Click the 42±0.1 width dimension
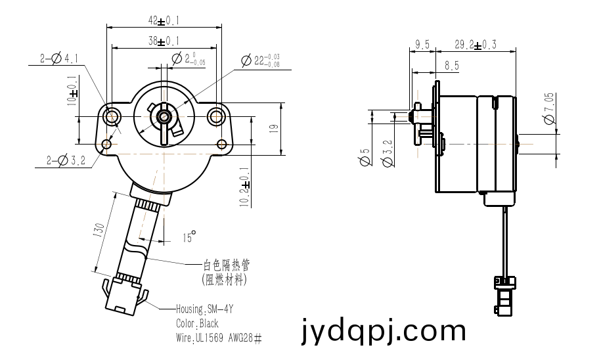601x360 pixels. pyautogui.click(x=164, y=21)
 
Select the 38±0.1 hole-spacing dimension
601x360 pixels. pyautogui.click(x=164, y=41)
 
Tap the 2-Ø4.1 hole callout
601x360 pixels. pyautogui.click(x=59, y=58)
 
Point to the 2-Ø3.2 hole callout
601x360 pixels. pyautogui.click(x=66, y=161)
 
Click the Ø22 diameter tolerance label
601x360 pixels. pyautogui.click(x=261, y=60)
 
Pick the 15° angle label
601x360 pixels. pyautogui.click(x=189, y=236)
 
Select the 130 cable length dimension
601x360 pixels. pyautogui.click(x=99, y=230)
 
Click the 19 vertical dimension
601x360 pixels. pyautogui.click(x=274, y=129)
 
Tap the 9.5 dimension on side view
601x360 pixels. pyautogui.click(x=422, y=45)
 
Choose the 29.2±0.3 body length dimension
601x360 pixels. pyautogui.click(x=476, y=45)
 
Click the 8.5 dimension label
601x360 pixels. pyautogui.click(x=452, y=66)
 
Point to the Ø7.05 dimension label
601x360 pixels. pyautogui.click(x=549, y=108)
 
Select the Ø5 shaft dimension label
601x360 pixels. pyautogui.click(x=365, y=157)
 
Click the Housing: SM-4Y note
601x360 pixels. pyautogui.click(x=204, y=309)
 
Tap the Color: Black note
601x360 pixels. pyautogui.click(x=197, y=324)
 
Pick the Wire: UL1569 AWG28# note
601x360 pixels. pyautogui.click(x=219, y=338)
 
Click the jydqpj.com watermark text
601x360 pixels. pyautogui.click(x=384, y=330)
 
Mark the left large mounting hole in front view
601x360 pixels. pyautogui.click(x=112, y=116)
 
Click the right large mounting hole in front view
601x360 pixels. pyautogui.click(x=216, y=116)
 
